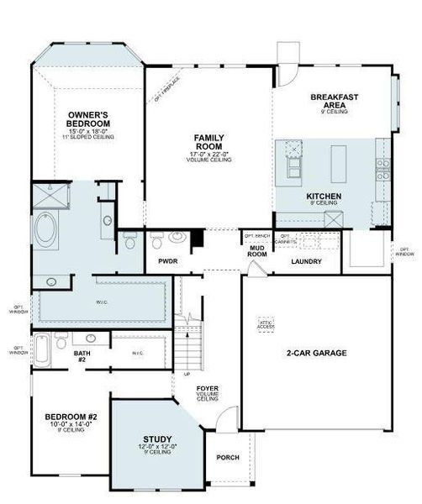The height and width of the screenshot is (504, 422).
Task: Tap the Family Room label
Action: tap(208, 141)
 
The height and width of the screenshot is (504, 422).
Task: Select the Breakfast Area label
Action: tap(335, 102)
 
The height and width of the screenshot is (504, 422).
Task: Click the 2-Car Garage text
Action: tap(316, 353)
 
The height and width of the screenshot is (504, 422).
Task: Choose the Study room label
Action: tap(157, 439)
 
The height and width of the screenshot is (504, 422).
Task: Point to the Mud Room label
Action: tap(256, 249)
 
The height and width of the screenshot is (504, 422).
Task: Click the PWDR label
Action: tap(168, 261)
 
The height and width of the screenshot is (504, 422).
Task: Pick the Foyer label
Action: tap(208, 389)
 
